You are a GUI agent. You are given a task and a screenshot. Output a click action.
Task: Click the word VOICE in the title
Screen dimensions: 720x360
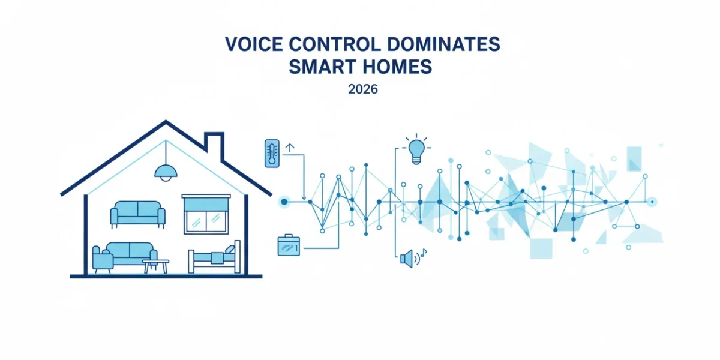(254, 44)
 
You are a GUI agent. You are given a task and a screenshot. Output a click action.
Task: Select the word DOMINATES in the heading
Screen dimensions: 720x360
(443, 44)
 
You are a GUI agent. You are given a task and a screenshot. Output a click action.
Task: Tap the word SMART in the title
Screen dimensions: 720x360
(322, 67)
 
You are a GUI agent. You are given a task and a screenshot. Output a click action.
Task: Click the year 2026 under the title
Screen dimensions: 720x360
(363, 89)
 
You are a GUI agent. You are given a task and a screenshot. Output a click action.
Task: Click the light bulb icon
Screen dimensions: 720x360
(416, 150)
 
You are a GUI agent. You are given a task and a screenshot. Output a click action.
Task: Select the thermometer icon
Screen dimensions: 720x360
(272, 154)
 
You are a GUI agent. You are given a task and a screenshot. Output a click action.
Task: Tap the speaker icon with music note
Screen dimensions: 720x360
(413, 258)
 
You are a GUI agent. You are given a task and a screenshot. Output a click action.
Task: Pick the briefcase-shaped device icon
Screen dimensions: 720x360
(289, 245)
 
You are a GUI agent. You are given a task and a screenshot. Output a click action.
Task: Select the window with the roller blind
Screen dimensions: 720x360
(206, 214)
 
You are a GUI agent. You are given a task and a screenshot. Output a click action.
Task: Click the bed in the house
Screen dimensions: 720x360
(214, 257)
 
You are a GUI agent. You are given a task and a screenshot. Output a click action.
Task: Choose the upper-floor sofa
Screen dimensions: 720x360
(138, 214)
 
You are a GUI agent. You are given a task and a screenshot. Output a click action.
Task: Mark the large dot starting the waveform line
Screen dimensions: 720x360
(284, 202)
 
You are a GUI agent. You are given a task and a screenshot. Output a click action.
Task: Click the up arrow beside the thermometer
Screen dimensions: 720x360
(290, 148)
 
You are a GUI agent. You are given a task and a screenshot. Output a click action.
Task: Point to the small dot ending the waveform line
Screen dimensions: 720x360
(652, 202)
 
